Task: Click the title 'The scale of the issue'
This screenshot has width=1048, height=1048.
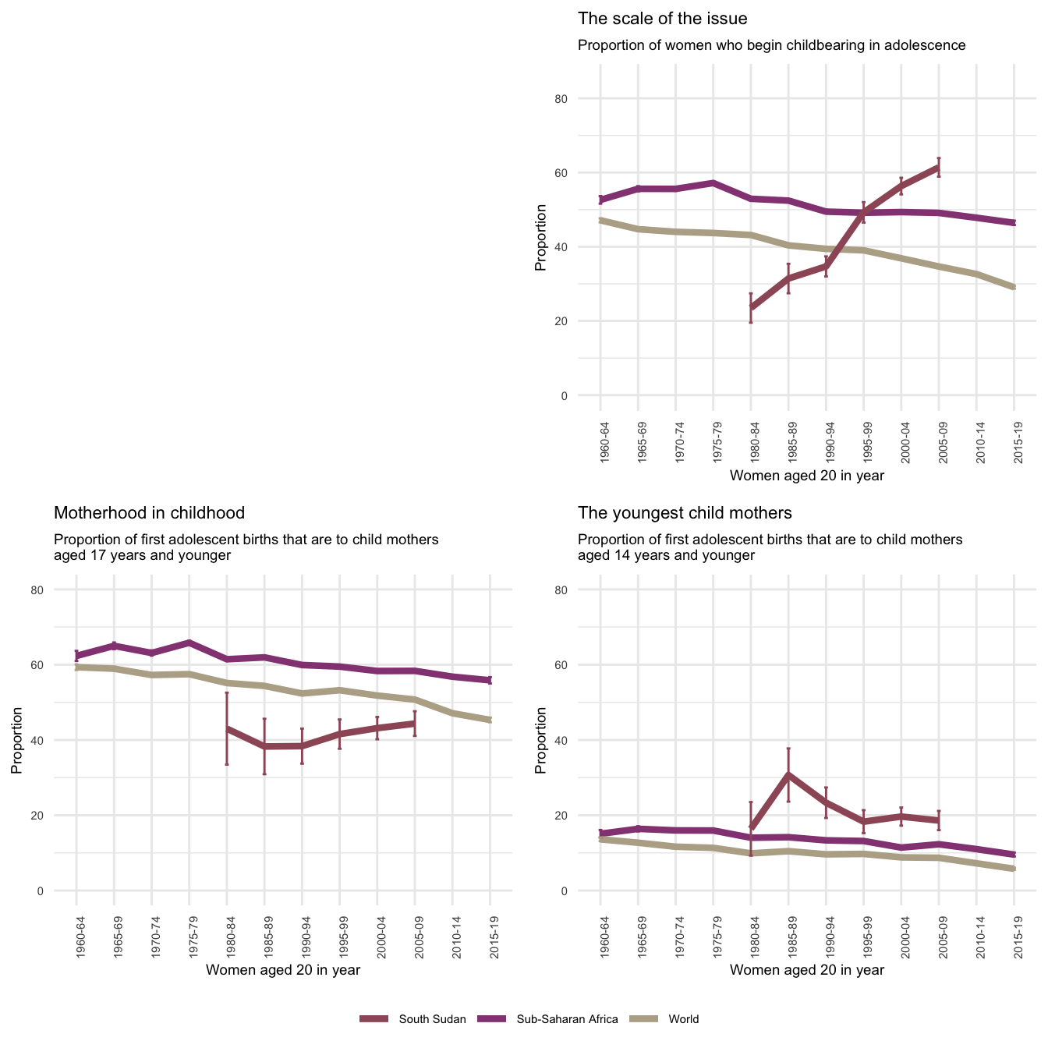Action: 662,19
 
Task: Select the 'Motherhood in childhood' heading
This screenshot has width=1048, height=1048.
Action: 149,513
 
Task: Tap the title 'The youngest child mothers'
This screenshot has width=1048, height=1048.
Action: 685,513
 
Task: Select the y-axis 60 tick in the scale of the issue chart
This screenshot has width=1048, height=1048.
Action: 583,172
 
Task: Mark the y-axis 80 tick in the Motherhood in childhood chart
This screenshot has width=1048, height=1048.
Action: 59,589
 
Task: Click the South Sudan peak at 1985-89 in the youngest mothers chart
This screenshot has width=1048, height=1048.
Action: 788,774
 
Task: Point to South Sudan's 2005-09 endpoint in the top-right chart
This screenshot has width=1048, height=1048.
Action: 939,167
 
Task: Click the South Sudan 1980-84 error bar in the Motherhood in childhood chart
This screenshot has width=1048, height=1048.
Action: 226,728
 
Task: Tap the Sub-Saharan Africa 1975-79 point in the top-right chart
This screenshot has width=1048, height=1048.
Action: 713,182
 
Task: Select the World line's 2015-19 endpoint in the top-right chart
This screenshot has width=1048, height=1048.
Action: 1014,288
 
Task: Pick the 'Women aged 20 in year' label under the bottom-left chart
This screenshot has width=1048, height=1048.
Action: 282,970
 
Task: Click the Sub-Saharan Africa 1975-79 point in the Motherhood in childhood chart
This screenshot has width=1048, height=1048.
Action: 189,643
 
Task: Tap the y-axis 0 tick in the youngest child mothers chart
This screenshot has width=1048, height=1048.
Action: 583,890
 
